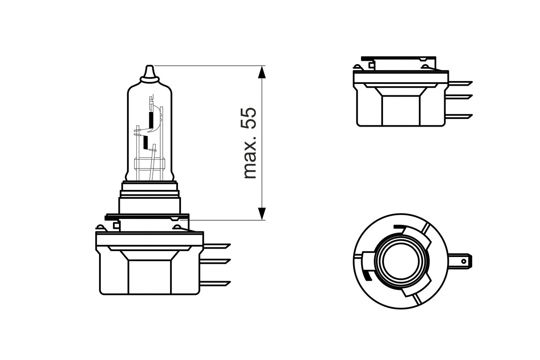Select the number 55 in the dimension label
pos(250,118)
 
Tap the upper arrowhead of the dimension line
pos(262,72)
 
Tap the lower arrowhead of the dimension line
pos(262,214)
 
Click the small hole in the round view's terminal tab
pos(464,262)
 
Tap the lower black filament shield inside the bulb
pos(146,142)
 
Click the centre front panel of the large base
pos(149,276)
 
